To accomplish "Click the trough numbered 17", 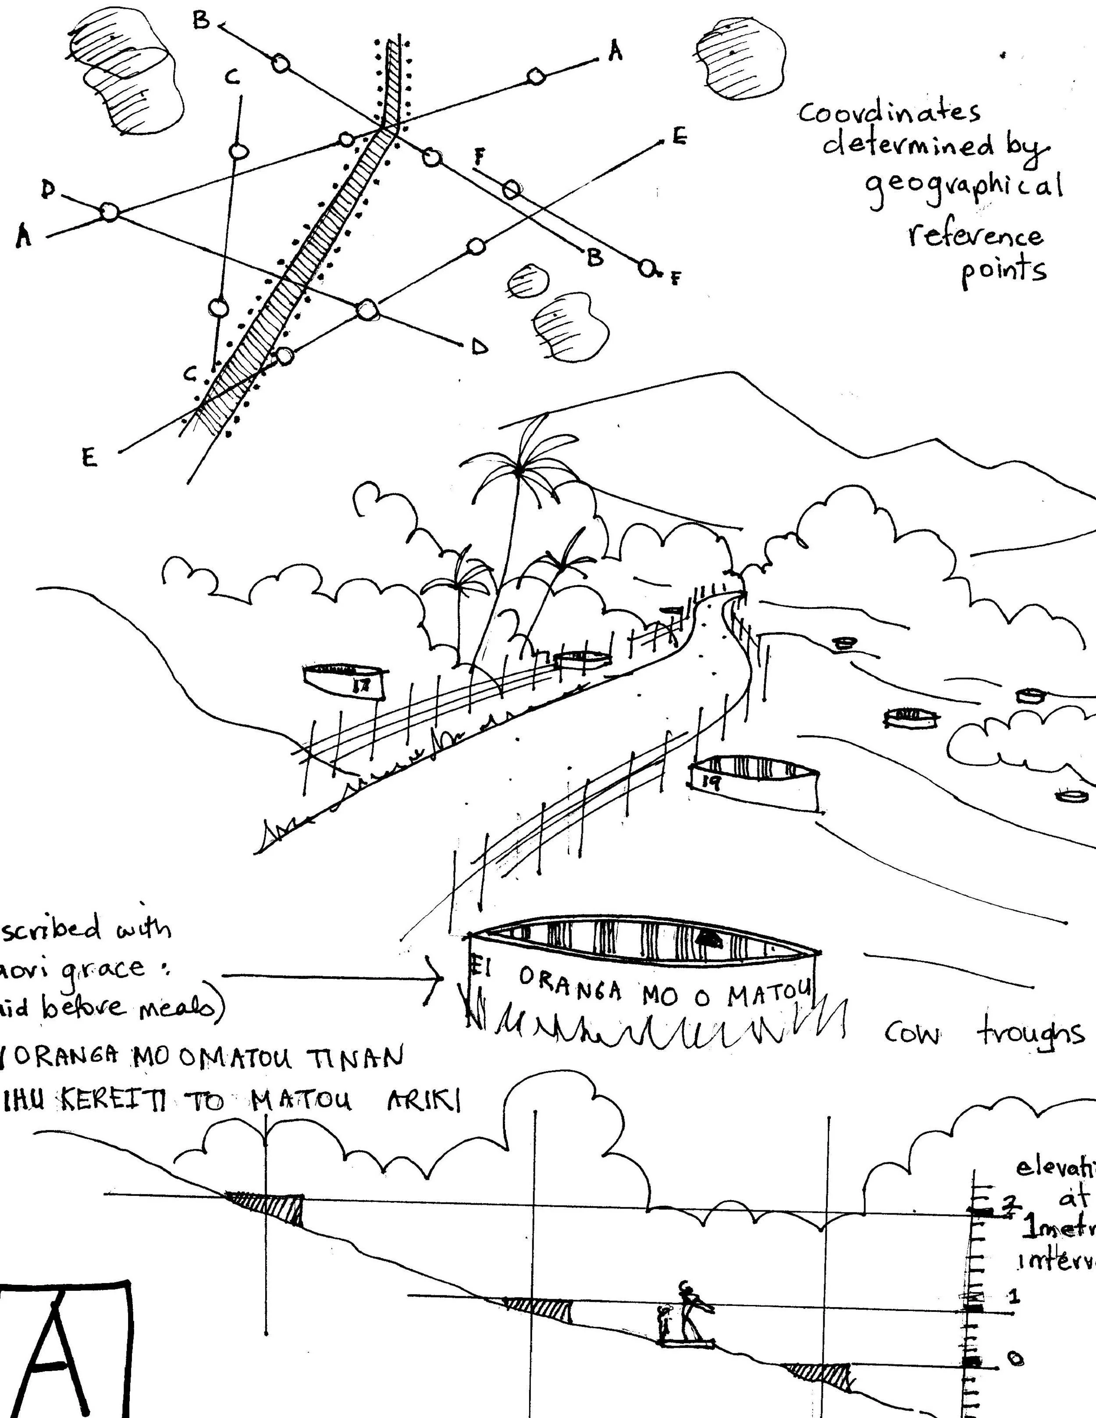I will tap(345, 682).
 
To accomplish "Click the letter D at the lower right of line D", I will tap(479, 348).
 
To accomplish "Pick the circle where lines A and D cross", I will tap(109, 212).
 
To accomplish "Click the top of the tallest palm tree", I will tap(520, 469).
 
